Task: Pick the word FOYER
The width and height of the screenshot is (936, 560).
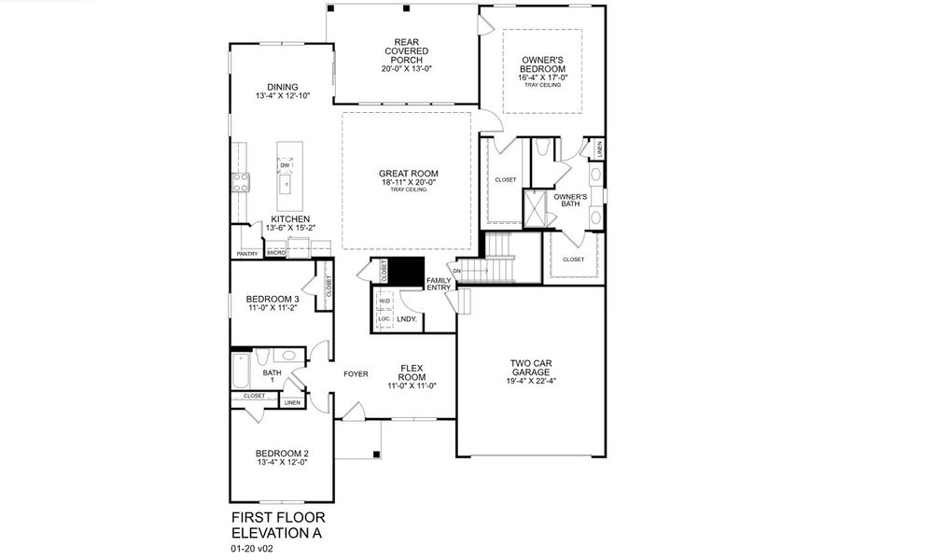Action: pos(356,373)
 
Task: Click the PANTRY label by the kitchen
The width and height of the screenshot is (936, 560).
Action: pos(247,253)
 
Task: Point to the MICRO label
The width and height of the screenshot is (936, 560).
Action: pos(275,253)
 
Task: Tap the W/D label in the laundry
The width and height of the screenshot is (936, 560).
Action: pos(384,301)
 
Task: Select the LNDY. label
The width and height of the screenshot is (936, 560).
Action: pos(406,319)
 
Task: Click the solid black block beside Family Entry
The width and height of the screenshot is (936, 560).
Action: pos(406,272)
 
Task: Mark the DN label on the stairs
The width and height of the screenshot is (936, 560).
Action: pos(457,272)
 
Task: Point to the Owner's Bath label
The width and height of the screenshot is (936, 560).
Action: pos(569,200)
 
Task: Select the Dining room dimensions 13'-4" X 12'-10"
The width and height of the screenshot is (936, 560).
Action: pos(282,96)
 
